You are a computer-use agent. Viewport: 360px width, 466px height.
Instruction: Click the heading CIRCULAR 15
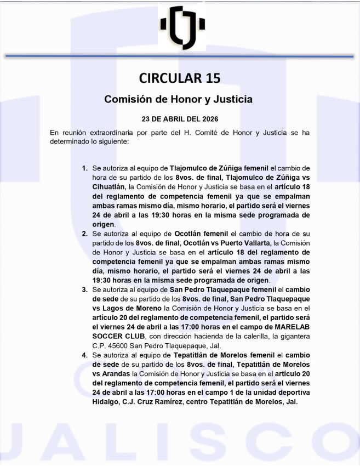click(180, 78)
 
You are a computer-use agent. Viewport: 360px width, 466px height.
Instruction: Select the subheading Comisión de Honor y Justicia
click(179, 100)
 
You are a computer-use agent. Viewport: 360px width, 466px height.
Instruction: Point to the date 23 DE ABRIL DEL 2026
click(179, 118)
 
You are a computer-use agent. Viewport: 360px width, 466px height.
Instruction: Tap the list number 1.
click(84, 168)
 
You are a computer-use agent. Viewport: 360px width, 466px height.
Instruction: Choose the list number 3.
click(84, 289)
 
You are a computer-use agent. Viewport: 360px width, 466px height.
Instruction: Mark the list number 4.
click(84, 355)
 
